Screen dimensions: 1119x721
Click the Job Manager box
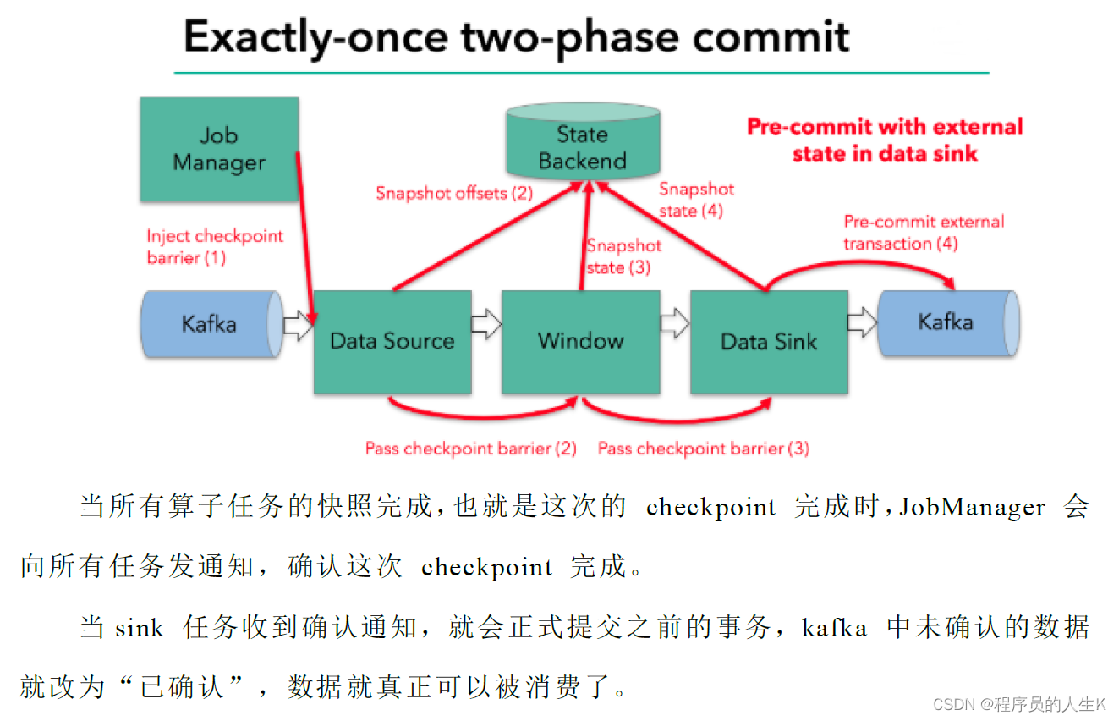click(219, 150)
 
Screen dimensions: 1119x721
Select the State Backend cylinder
click(583, 140)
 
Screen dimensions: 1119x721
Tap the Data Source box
click(392, 342)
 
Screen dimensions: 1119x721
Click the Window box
click(581, 342)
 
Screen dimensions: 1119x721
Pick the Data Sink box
click(770, 342)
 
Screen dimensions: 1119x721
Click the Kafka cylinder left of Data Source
click(212, 324)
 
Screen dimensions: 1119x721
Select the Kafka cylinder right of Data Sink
click(949, 322)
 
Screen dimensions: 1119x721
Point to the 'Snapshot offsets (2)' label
click(454, 193)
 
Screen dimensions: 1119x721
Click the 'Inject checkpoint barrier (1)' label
click(215, 247)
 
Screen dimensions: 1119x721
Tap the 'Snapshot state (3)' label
click(623, 256)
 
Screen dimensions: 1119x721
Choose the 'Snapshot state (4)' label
click(696, 200)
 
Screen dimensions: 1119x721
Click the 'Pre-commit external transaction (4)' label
click(924, 233)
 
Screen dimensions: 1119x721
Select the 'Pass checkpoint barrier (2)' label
click(470, 449)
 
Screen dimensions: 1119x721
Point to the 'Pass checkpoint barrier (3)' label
click(704, 449)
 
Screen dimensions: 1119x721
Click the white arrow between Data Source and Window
click(486, 324)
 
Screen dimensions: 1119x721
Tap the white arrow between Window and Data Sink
click(675, 322)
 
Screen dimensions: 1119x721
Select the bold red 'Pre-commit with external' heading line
click(885, 127)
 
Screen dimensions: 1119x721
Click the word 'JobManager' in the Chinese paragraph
click(972, 507)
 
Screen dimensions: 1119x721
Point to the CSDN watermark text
click(1019, 705)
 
